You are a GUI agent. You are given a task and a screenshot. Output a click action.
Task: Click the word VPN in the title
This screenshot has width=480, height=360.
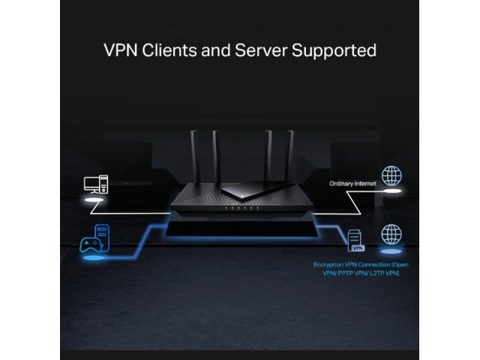[121, 51]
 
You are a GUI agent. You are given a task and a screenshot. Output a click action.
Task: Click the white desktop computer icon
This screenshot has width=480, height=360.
[95, 184]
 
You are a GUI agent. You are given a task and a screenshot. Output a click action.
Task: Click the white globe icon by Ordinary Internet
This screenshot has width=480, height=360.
[391, 177]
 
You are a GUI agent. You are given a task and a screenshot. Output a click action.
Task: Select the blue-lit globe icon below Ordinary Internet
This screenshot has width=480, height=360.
[391, 233]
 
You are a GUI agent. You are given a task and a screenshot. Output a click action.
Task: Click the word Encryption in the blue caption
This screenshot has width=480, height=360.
[330, 265]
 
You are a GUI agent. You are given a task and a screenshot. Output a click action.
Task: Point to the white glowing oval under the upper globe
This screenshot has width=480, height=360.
[392, 193]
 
